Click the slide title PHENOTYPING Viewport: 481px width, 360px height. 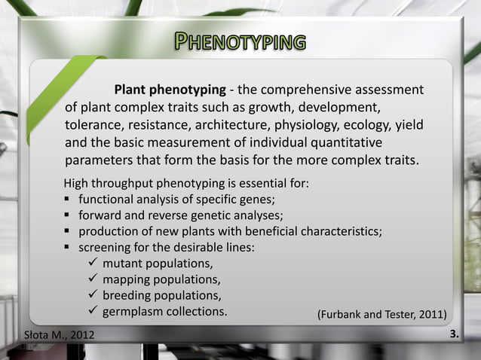240,41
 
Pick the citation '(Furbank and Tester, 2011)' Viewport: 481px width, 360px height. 381,313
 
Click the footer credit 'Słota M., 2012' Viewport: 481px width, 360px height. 60,334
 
